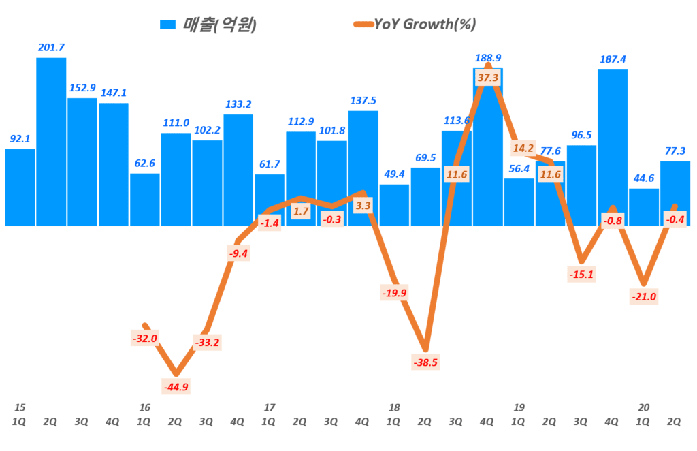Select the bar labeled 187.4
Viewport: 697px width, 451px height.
[x=613, y=147]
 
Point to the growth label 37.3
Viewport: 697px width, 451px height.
[x=488, y=78]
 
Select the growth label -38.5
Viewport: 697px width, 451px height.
[x=426, y=362]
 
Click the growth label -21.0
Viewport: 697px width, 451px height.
[x=644, y=297]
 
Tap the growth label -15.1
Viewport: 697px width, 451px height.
[x=581, y=275]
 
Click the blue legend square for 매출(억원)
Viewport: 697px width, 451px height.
[x=167, y=25]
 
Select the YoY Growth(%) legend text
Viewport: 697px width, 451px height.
[x=425, y=25]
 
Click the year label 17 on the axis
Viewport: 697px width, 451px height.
[x=269, y=407]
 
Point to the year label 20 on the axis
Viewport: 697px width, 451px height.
[x=644, y=407]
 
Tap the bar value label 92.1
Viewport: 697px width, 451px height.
[x=20, y=138]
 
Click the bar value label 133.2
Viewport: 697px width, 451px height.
[x=238, y=104]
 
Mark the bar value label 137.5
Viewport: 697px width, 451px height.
[x=363, y=100]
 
